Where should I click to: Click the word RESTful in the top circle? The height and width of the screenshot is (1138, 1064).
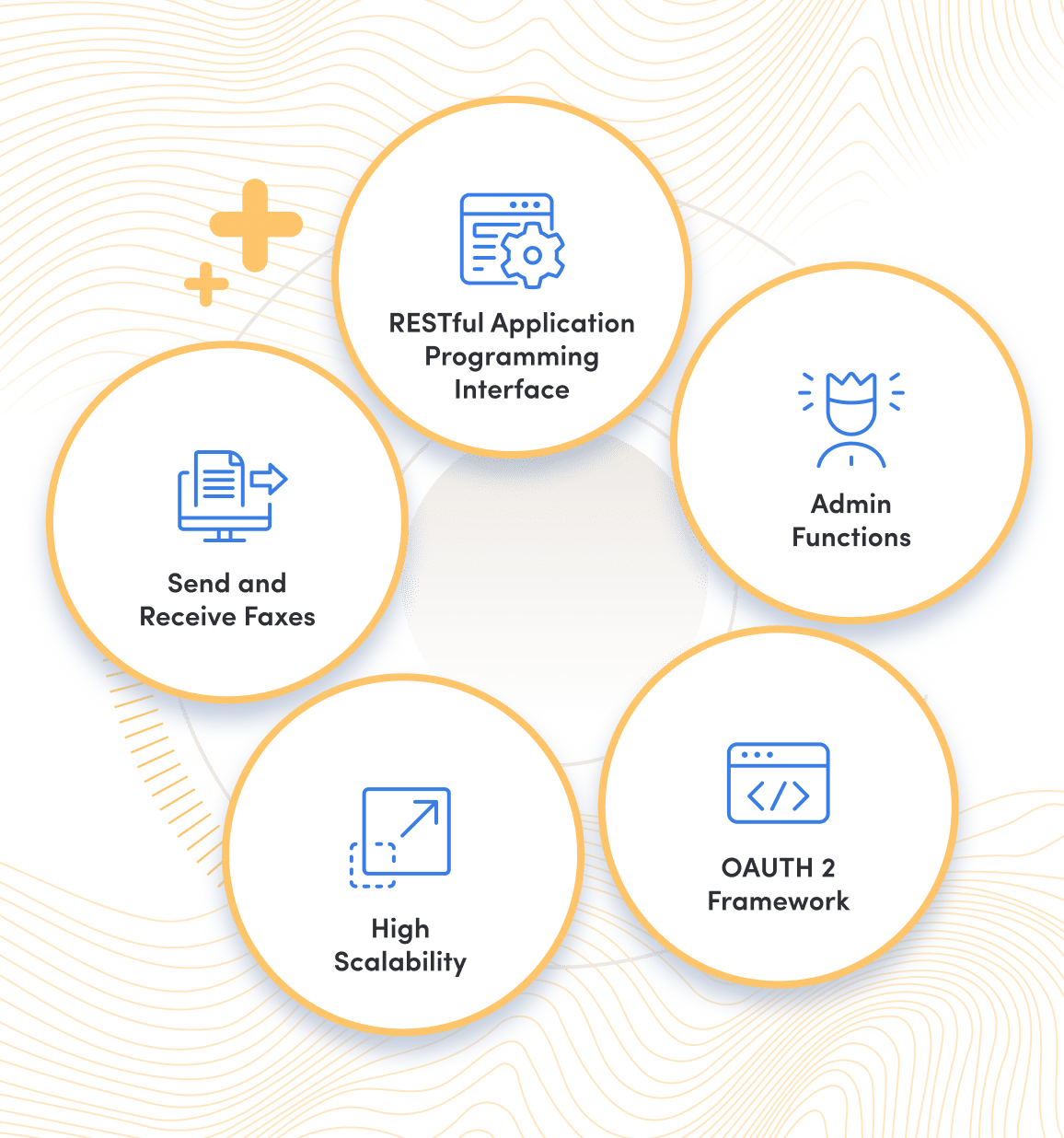tap(435, 323)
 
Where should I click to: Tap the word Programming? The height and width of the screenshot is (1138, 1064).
tap(512, 357)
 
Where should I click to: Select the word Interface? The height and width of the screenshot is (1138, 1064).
tap(512, 389)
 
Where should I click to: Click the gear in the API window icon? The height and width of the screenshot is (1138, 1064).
tap(532, 255)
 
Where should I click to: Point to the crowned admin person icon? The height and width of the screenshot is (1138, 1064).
tap(851, 419)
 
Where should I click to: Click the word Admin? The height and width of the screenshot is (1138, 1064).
tap(851, 504)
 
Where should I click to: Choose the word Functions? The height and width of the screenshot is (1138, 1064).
tap(851, 537)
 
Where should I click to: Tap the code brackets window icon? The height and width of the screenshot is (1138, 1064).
tap(779, 783)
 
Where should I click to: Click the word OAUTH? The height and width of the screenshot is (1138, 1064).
tap(767, 867)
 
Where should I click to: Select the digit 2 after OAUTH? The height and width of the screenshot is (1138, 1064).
tap(828, 867)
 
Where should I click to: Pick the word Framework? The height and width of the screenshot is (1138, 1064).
tap(779, 900)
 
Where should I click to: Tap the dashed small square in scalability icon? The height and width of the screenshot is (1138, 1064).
tap(373, 865)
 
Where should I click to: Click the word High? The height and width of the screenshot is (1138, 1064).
tap(400, 928)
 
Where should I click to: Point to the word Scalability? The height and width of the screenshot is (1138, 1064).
tap(400, 962)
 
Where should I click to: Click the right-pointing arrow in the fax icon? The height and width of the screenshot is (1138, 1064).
tap(269, 479)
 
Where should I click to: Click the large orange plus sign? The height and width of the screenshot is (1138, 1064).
tap(255, 225)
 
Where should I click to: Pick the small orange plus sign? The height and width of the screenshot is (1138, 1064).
tap(206, 284)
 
